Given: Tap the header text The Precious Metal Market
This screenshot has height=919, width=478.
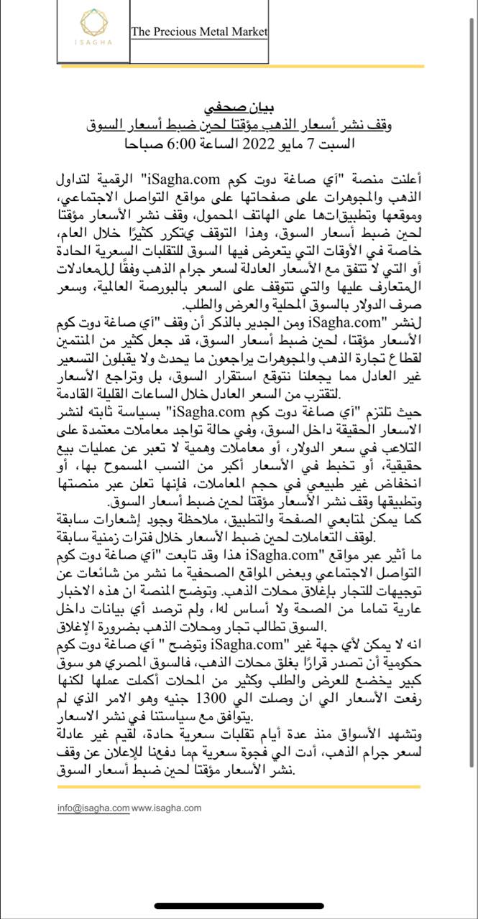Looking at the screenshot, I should [199, 32].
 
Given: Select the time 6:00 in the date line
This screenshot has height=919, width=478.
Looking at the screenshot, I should [179, 141].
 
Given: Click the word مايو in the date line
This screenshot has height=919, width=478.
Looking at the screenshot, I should [282, 141].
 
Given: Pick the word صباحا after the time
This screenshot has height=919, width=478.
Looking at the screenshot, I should [144, 141].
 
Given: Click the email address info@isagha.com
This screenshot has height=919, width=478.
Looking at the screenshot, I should [93, 808].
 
